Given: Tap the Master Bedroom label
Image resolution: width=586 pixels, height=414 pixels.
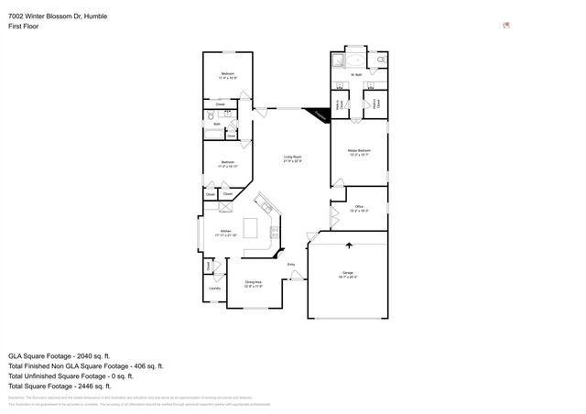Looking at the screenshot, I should pos(359,152).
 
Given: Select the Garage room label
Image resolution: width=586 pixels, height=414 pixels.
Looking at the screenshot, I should pos(348,275).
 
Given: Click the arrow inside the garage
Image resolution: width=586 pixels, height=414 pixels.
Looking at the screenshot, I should pos(348,245).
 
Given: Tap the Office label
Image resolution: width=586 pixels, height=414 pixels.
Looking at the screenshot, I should pos(359,209).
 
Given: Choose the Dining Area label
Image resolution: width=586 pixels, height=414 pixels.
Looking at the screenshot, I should pos(253,284).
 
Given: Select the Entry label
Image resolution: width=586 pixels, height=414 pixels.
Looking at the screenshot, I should pos(291,266).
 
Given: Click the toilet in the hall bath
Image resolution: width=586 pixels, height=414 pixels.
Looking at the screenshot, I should pos(210,116).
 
